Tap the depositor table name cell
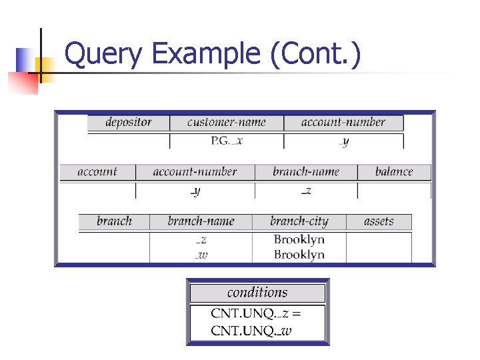coord(129,123)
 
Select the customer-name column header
coord(227,123)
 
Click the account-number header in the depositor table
coord(343,123)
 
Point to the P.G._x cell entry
coord(227,141)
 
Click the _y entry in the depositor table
coord(343,141)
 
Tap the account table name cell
coord(97,172)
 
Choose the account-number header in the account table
coord(195,172)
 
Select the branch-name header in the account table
coord(306,172)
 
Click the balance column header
coord(394,172)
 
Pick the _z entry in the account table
coord(306,191)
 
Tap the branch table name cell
coord(114,221)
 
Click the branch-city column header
coord(299,221)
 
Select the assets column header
coord(379,221)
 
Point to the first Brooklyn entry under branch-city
coord(299,239)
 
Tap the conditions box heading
coord(257,293)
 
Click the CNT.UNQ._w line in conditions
coord(252,331)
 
